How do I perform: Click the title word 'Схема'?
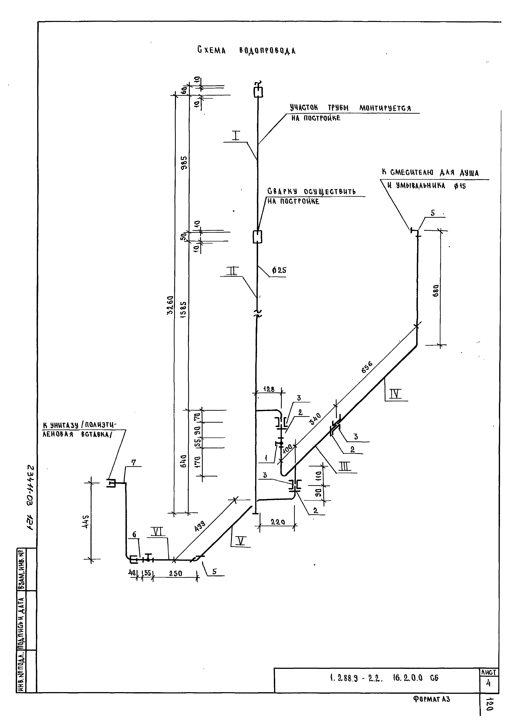pyautogui.click(x=212, y=50)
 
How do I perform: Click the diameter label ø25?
pyautogui.click(x=279, y=270)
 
